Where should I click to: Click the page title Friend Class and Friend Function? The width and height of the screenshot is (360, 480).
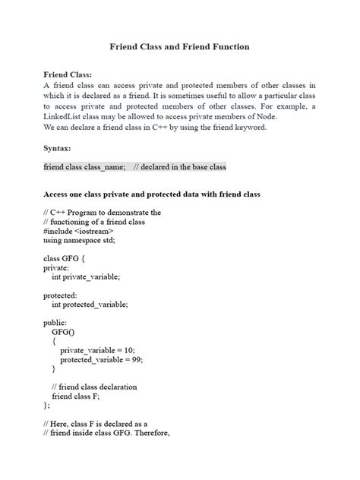[179, 47]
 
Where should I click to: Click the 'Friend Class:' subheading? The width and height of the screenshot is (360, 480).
[68, 74]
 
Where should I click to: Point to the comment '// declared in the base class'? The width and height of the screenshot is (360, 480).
[179, 167]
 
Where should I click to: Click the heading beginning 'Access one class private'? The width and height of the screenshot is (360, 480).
[151, 194]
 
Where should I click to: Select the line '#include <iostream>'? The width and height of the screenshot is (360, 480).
[78, 231]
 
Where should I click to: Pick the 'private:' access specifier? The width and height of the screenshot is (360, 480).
[56, 267]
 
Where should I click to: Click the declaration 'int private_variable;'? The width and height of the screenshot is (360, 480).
[86, 277]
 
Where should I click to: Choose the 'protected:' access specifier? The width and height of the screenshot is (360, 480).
[60, 295]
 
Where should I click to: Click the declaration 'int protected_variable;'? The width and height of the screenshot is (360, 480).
[90, 305]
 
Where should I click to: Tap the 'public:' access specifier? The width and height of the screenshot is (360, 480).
[55, 323]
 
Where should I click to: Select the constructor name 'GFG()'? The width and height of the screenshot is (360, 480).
[62, 332]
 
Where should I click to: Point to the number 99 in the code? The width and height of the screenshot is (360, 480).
[137, 359]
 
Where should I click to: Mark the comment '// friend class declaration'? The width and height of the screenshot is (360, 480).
[94, 387]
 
